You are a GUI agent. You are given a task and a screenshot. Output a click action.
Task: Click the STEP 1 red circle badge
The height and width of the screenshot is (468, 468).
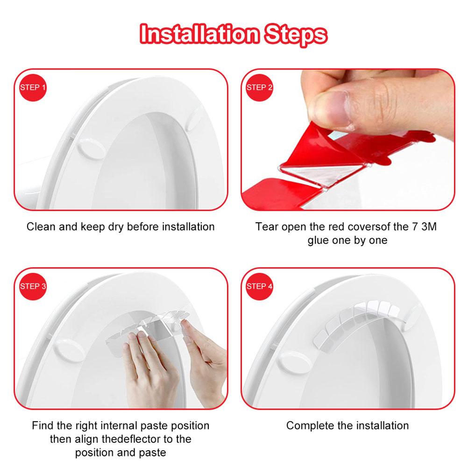33,87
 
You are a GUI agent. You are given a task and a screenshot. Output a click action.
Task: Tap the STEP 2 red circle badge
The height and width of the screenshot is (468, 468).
260,87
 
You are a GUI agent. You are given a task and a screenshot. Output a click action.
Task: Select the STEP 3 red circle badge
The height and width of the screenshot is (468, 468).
33,286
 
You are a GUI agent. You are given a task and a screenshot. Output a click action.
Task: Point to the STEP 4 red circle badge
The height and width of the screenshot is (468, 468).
260,286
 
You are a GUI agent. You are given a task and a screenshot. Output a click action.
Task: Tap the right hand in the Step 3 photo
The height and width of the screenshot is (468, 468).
206,355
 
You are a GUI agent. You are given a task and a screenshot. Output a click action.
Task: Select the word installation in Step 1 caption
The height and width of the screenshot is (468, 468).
188,227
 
